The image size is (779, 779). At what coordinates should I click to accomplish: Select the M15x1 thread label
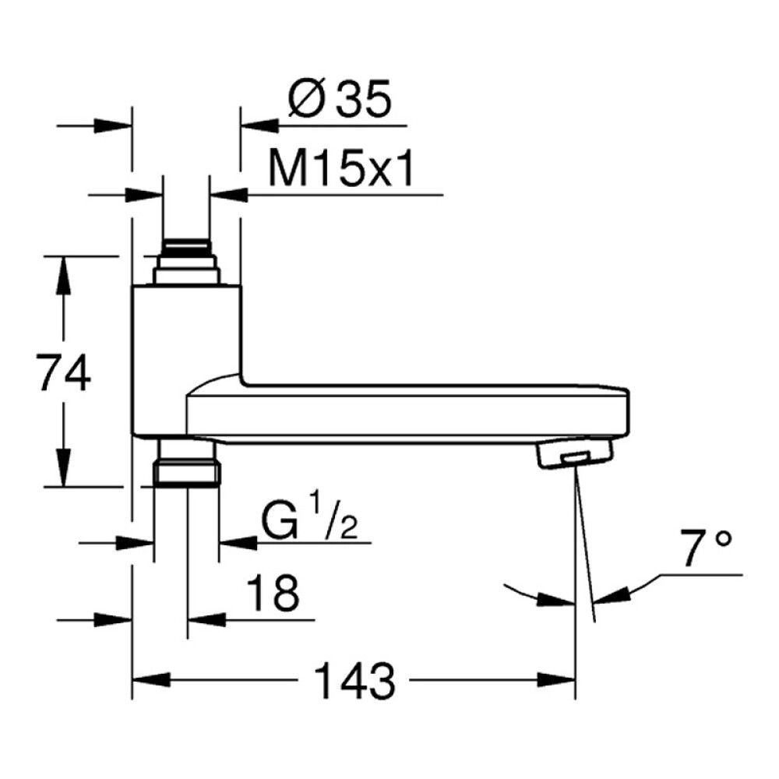pos(341,169)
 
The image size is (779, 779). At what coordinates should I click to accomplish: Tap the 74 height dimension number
pos(65,372)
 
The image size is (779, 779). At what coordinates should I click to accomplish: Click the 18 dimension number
pos(273,593)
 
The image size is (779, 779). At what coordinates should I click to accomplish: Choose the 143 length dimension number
pos(354,681)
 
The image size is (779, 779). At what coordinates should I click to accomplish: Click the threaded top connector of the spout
pos(187,262)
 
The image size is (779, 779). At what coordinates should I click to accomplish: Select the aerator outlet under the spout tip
pos(574,451)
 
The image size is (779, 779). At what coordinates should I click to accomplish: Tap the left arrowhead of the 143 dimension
pos(151,679)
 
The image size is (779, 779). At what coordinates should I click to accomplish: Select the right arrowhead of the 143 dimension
pos(556,679)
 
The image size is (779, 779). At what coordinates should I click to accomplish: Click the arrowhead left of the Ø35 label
pos(259,125)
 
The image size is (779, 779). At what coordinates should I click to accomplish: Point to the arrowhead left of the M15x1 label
pos(228,195)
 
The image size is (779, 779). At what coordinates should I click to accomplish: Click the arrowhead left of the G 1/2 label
pos(238,543)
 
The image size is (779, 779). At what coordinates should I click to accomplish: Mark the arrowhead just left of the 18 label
pos(206,619)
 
